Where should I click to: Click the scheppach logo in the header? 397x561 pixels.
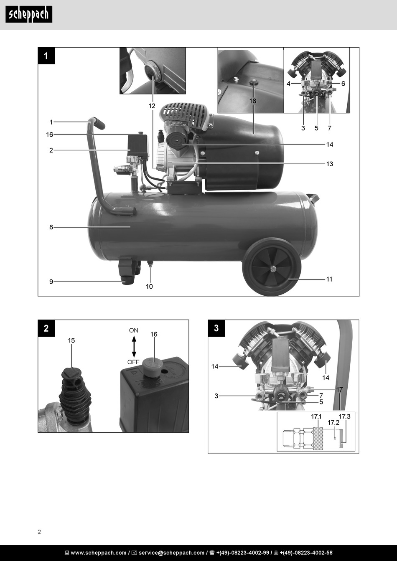pos(29,14)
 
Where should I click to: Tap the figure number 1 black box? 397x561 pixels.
pos(46,56)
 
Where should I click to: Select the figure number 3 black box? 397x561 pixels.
pos(216,328)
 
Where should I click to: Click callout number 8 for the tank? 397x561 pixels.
pos(51,227)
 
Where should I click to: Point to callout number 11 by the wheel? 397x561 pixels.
pos(329,279)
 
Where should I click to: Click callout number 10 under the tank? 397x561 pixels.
pos(149,287)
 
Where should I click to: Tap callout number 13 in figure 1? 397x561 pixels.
pos(330,164)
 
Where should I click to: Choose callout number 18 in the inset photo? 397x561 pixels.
pos(253,101)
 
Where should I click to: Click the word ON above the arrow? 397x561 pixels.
pos(133,330)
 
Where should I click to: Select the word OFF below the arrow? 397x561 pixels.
pos(133,362)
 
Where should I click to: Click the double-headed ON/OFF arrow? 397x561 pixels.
pos(134,346)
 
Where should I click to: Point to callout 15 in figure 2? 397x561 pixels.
pos(71,340)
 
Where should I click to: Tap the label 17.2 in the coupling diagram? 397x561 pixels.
pos(333,423)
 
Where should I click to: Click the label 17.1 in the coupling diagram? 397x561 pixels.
pos(316,417)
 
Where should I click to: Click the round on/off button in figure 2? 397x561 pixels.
pos(152,366)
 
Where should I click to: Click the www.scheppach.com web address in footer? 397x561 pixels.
pos(99,553)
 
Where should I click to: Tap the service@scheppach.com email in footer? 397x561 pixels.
pos(171,553)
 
